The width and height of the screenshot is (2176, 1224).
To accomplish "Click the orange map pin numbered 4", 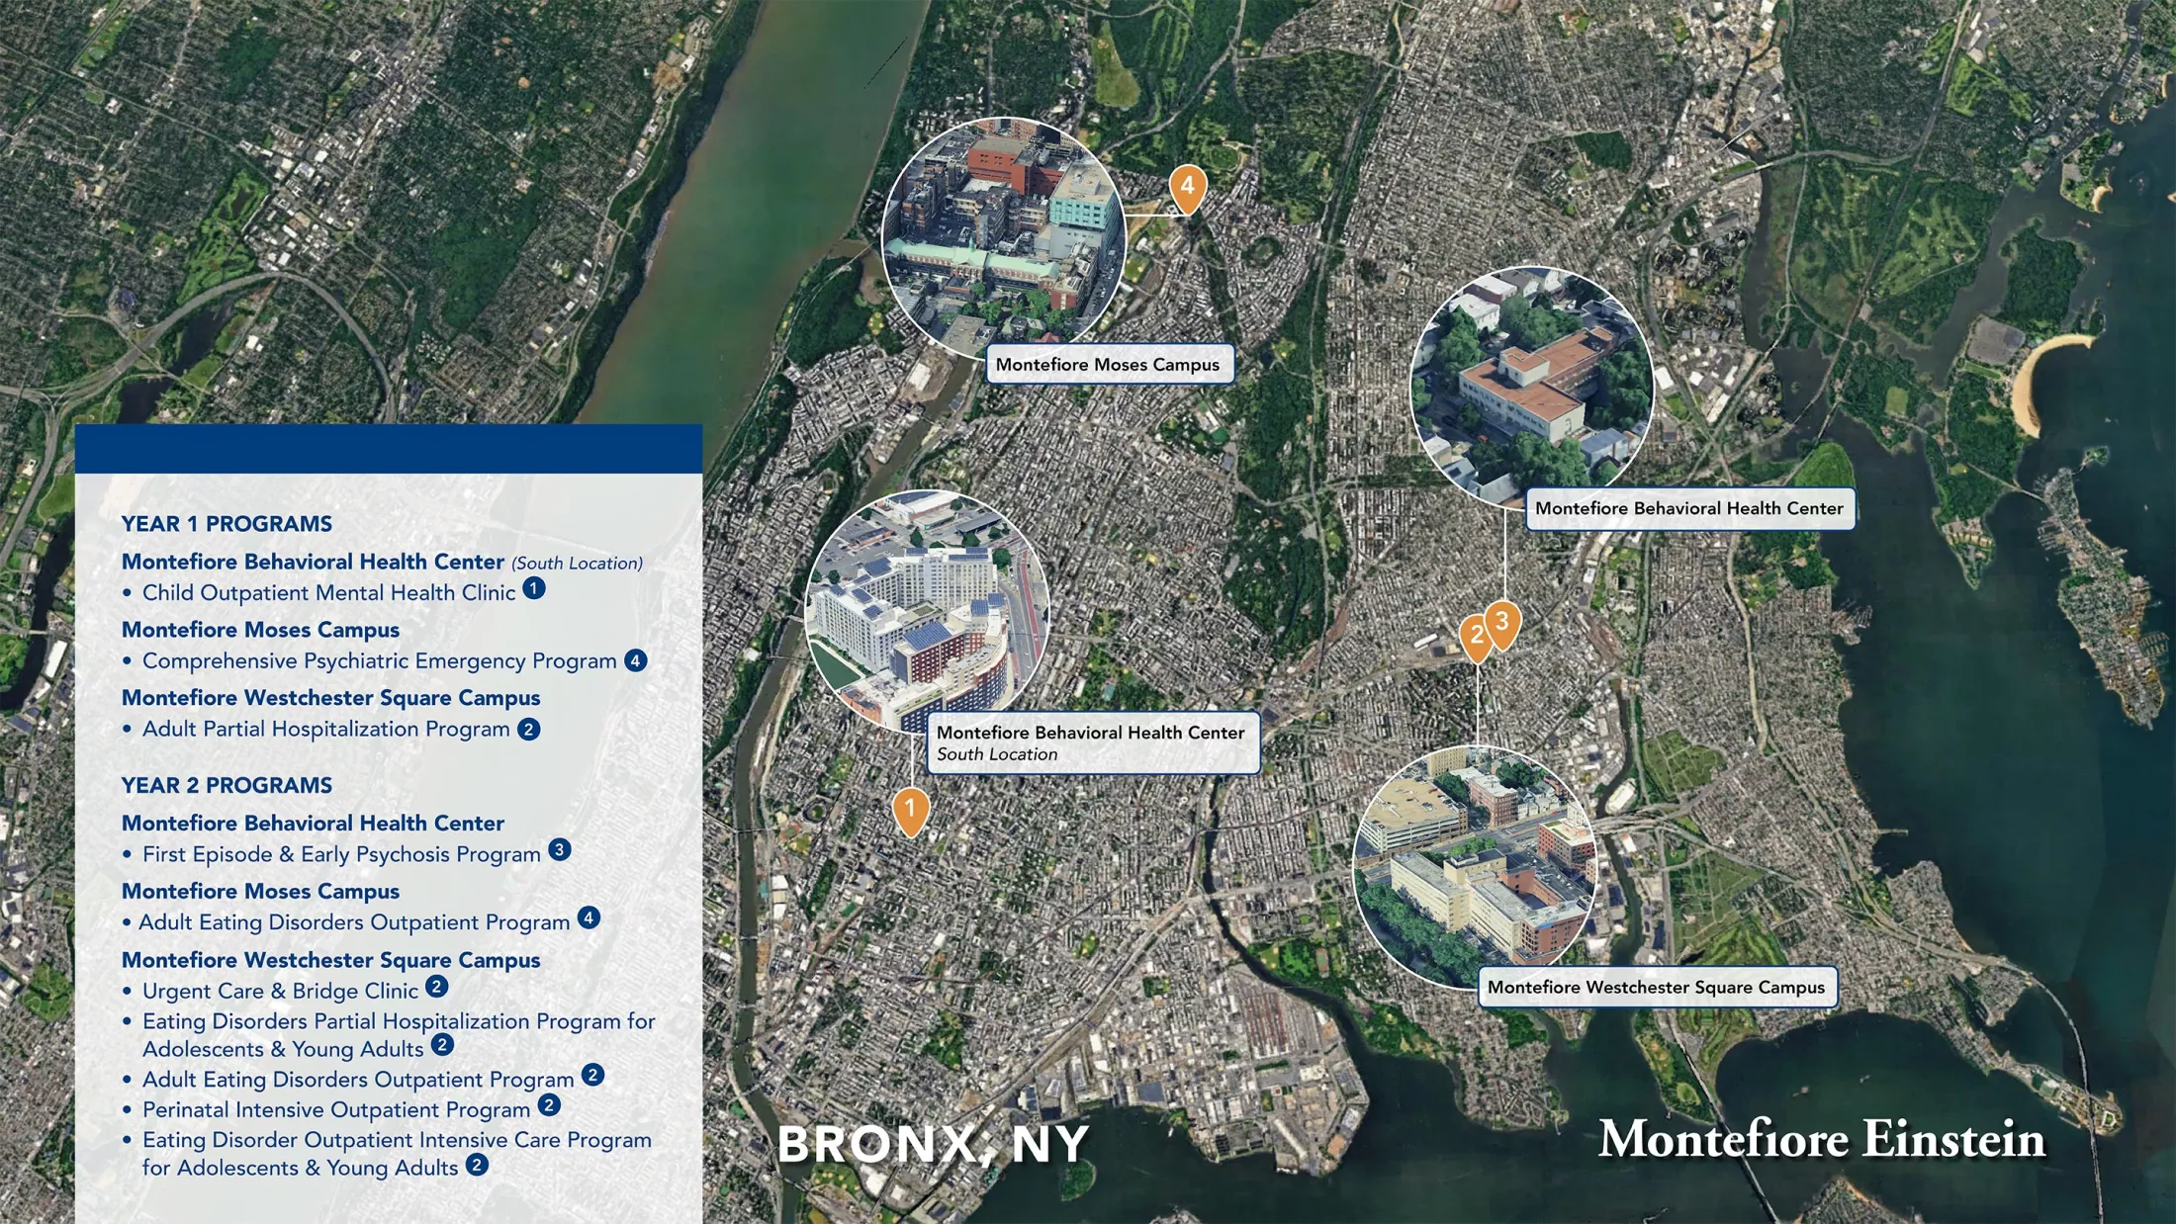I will [1187, 187].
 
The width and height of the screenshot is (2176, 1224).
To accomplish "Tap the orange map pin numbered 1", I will [910, 810].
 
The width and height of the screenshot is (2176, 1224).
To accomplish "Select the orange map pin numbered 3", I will [1502, 623].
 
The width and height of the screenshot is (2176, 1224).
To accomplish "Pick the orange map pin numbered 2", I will [1476, 637].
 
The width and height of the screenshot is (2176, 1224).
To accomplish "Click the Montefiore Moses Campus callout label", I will [1108, 365].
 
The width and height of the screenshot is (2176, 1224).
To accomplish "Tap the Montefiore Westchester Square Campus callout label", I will [1656, 988].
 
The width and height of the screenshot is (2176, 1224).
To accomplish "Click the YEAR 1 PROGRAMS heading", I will [227, 524].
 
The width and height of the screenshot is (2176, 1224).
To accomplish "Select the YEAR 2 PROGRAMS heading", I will [227, 786].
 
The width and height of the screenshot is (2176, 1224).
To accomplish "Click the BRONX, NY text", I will [933, 1145].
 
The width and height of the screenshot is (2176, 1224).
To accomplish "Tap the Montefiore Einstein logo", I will [1821, 1139].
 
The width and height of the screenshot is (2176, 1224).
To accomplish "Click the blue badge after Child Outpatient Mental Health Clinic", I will [534, 589].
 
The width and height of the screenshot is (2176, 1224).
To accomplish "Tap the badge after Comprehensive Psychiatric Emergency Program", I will [636, 660].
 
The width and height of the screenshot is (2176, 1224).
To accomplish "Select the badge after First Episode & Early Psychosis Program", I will [560, 850].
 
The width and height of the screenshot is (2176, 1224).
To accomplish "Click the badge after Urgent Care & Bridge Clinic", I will [436, 987].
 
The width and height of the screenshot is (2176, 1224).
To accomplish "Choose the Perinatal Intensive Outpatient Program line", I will [336, 1110].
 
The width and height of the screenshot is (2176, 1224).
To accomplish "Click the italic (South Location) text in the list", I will [577, 564].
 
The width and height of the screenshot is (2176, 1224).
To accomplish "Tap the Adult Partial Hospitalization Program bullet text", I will [325, 730].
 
